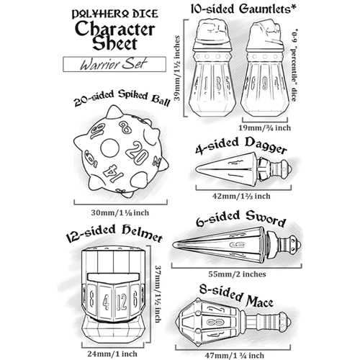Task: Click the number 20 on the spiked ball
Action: click(x=137, y=153)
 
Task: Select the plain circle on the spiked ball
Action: click(x=109, y=148)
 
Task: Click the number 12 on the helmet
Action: click(x=122, y=301)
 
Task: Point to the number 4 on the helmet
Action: click(x=106, y=302)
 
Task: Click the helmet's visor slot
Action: click(x=114, y=277)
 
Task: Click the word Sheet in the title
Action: click(x=114, y=43)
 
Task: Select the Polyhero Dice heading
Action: click(x=114, y=14)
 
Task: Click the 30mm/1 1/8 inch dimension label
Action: click(x=120, y=212)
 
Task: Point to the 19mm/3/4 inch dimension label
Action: click(x=265, y=127)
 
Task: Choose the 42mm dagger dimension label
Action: click(x=241, y=196)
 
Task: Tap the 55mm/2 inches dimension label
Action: click(x=237, y=274)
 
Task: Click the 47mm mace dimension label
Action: click(x=235, y=355)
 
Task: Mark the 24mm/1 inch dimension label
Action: click(x=112, y=354)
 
